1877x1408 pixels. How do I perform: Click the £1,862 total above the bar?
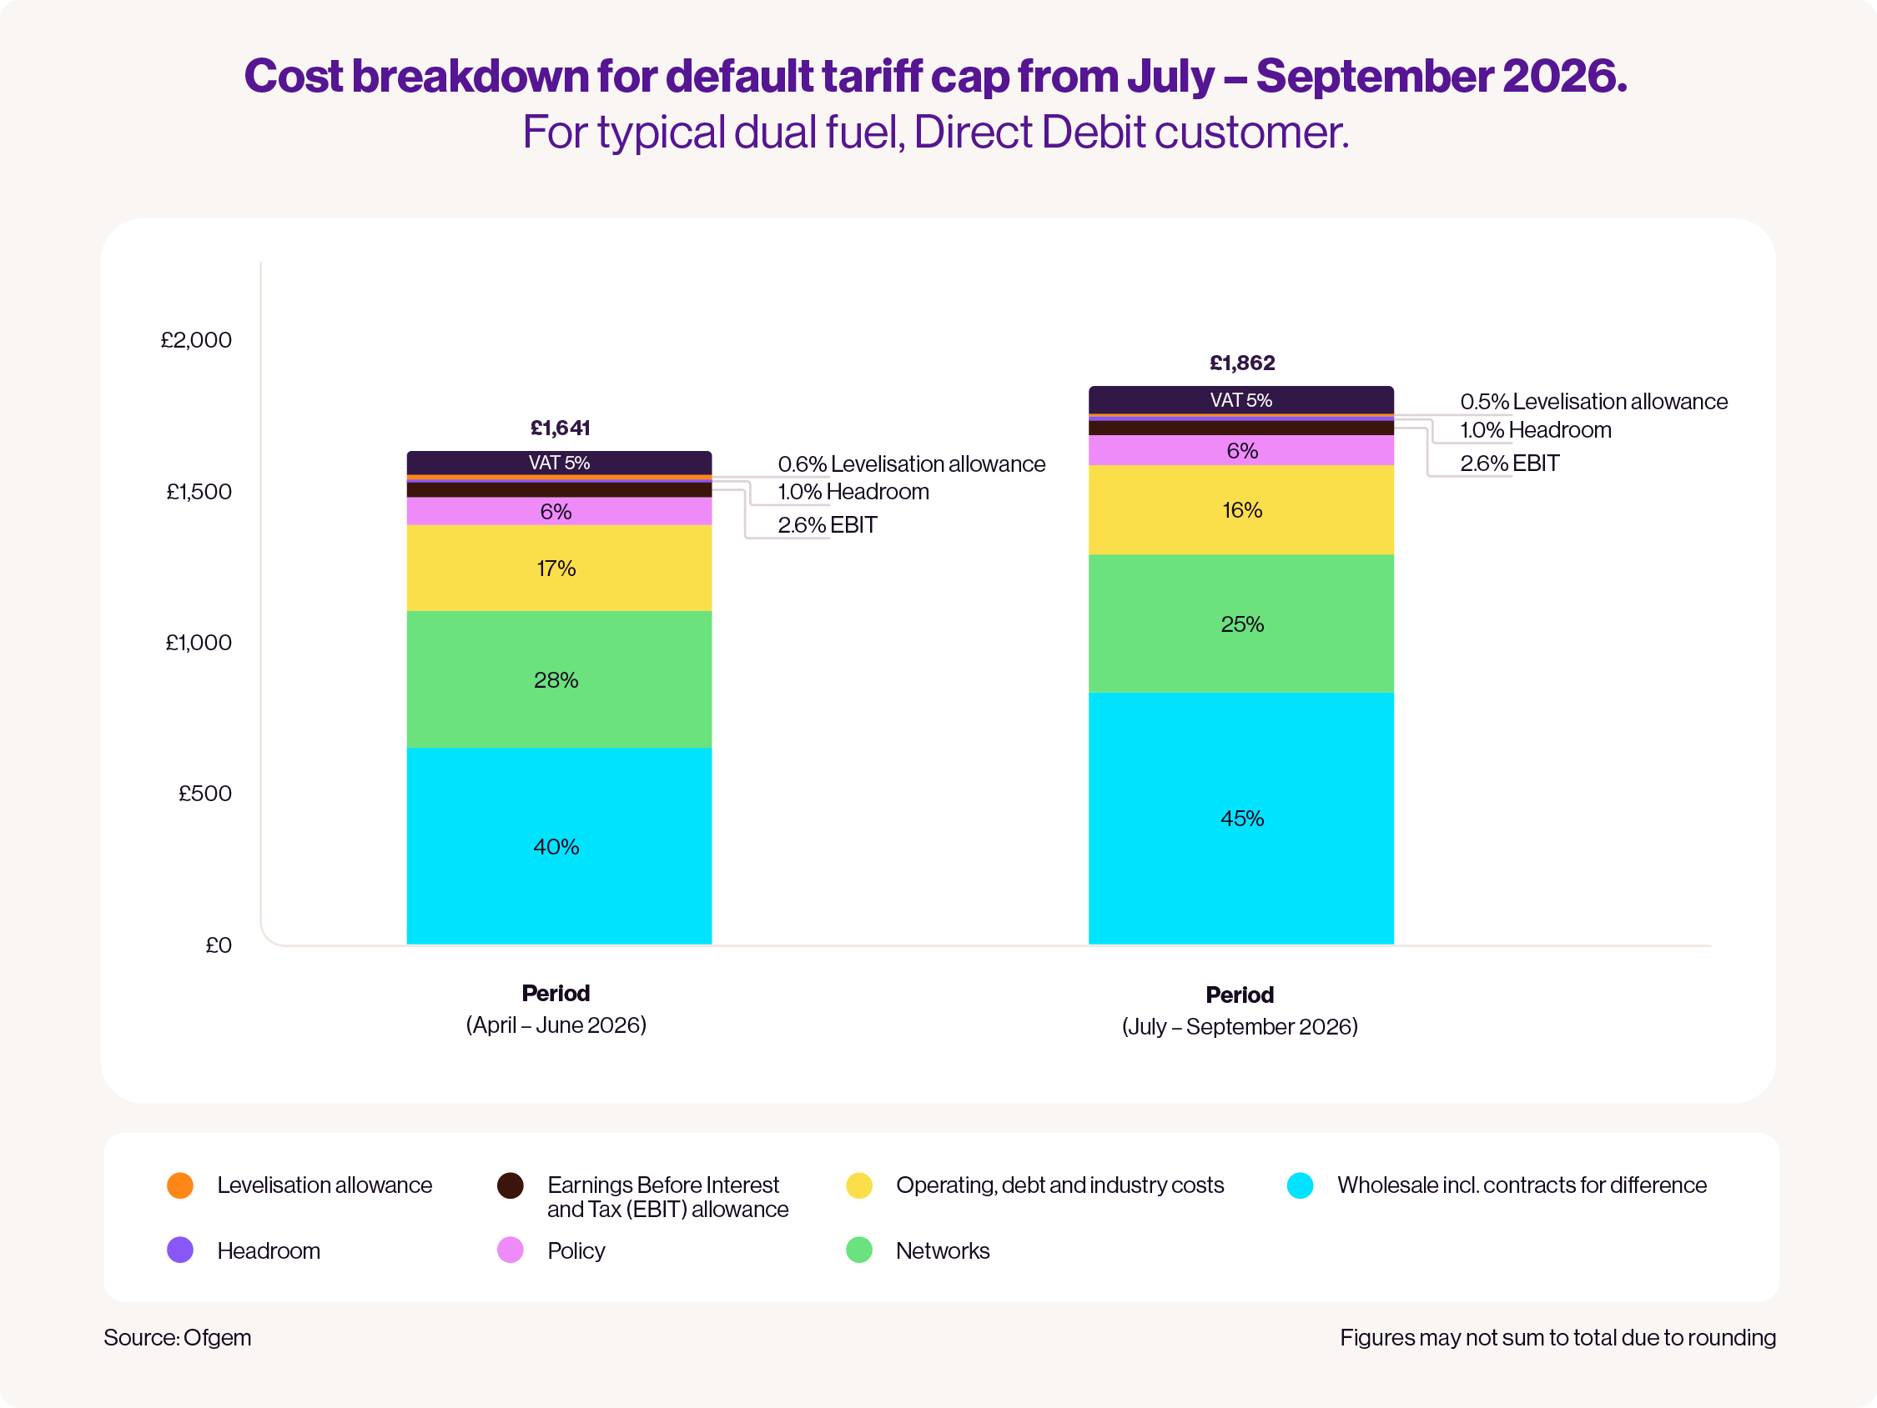click(x=1241, y=363)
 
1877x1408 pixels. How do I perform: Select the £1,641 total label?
click(x=560, y=428)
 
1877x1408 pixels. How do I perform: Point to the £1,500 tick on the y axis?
click(x=199, y=492)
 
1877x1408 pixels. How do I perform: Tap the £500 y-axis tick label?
click(x=204, y=794)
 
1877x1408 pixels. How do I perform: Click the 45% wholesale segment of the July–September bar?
click(x=1241, y=819)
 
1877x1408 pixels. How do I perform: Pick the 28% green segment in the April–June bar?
click(x=559, y=679)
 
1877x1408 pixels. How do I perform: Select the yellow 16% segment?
click(x=1241, y=509)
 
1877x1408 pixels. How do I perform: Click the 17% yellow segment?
click(x=559, y=569)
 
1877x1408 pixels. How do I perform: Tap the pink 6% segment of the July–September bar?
click(x=1241, y=450)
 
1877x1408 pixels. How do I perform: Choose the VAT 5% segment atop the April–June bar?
click(x=559, y=463)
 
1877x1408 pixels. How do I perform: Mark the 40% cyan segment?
click(x=559, y=845)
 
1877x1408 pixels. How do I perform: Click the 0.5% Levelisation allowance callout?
click(x=1593, y=401)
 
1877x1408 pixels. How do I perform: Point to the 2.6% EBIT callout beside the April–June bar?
click(x=828, y=525)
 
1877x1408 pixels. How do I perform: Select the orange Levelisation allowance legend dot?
click(x=180, y=1185)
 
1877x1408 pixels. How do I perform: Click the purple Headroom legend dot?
click(x=180, y=1250)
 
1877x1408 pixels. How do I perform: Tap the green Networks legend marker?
click(x=858, y=1250)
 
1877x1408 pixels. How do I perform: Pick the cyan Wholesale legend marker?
click(x=1300, y=1185)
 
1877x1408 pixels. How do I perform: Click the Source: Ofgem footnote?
click(x=178, y=1338)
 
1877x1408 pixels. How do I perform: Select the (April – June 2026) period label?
click(x=556, y=1025)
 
